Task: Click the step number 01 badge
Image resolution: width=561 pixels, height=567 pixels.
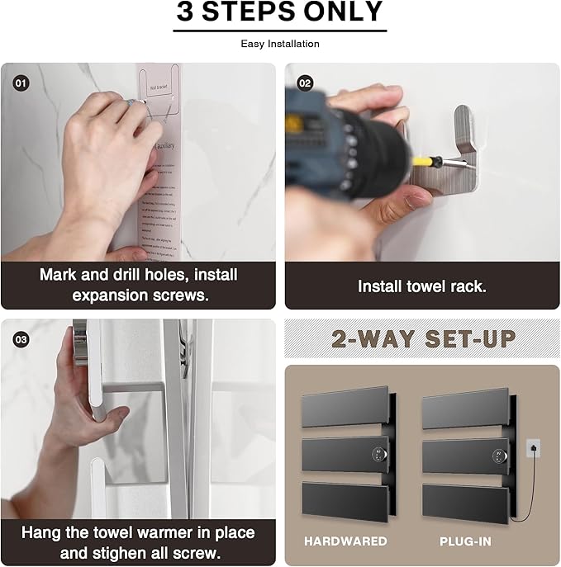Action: pos(19,83)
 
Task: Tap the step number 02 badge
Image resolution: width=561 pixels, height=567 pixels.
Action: pos(305,83)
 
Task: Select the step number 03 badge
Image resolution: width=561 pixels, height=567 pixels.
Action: pos(19,338)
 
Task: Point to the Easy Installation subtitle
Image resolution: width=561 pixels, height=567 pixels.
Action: pos(280,44)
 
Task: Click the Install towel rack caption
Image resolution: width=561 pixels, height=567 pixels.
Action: pos(421,286)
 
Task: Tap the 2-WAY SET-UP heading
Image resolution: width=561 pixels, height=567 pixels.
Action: pos(424,339)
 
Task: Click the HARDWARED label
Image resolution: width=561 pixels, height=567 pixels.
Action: pos(345,541)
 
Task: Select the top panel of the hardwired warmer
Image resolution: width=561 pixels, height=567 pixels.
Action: pos(345,408)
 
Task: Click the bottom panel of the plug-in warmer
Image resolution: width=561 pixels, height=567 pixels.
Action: pos(464,502)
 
